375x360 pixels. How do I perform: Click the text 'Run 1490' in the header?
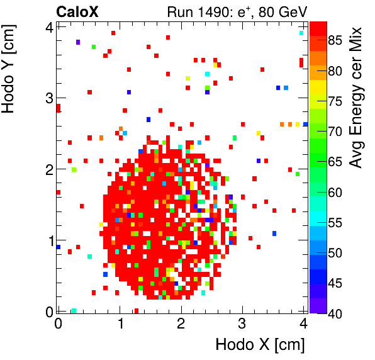coord(193,11)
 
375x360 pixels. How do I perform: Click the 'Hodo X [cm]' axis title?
coord(260,345)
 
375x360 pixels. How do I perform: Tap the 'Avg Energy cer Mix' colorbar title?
coord(357,98)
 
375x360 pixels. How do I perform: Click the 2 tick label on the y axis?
coord(48,169)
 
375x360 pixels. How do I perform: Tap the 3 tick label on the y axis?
coord(48,98)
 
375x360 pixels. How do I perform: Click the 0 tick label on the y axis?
coord(48,312)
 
